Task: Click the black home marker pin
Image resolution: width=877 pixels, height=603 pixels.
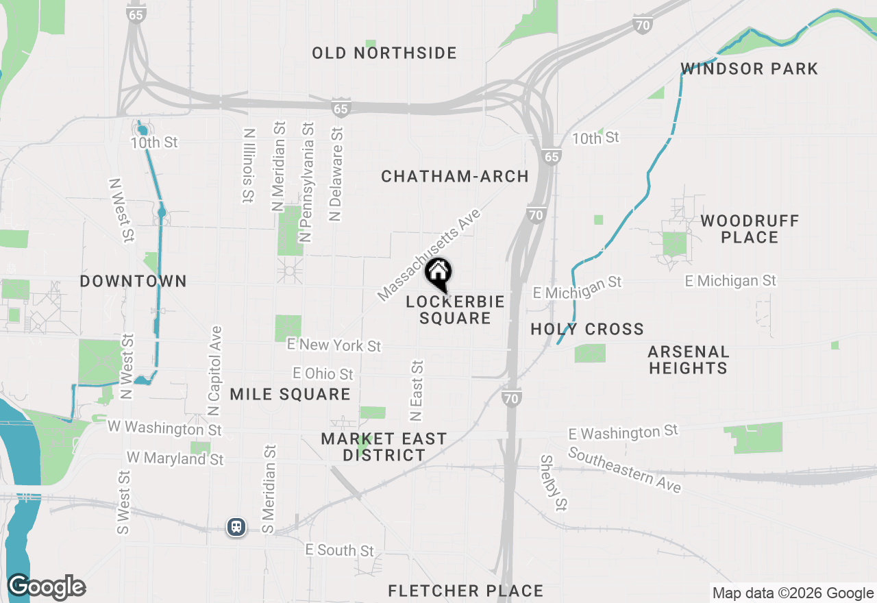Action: [438, 275]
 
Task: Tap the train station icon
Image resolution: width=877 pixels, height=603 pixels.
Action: [236, 527]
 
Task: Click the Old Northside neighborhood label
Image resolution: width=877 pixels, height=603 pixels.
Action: [384, 53]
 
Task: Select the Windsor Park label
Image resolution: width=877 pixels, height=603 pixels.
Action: [749, 69]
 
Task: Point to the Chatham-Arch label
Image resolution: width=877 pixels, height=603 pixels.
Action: [455, 177]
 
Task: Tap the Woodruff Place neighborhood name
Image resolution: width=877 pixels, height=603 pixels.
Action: [750, 229]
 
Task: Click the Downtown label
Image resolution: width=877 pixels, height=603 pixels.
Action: [133, 281]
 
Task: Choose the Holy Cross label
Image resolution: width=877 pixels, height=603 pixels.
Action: [587, 330]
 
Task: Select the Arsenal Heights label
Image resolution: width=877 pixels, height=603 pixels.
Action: [688, 360]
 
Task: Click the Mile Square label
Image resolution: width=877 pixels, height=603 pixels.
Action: [290, 394]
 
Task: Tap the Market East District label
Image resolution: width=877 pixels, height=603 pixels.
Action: [384, 447]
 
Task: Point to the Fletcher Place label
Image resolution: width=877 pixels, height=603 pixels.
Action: [465, 591]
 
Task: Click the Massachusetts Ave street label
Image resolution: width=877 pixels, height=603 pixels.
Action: [430, 256]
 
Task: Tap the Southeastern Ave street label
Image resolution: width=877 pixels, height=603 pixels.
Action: [624, 470]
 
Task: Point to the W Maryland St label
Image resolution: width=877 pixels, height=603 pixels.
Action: [175, 458]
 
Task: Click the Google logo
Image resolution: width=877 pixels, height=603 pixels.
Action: [46, 587]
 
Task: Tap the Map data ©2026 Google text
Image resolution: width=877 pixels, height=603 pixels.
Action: [793, 593]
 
